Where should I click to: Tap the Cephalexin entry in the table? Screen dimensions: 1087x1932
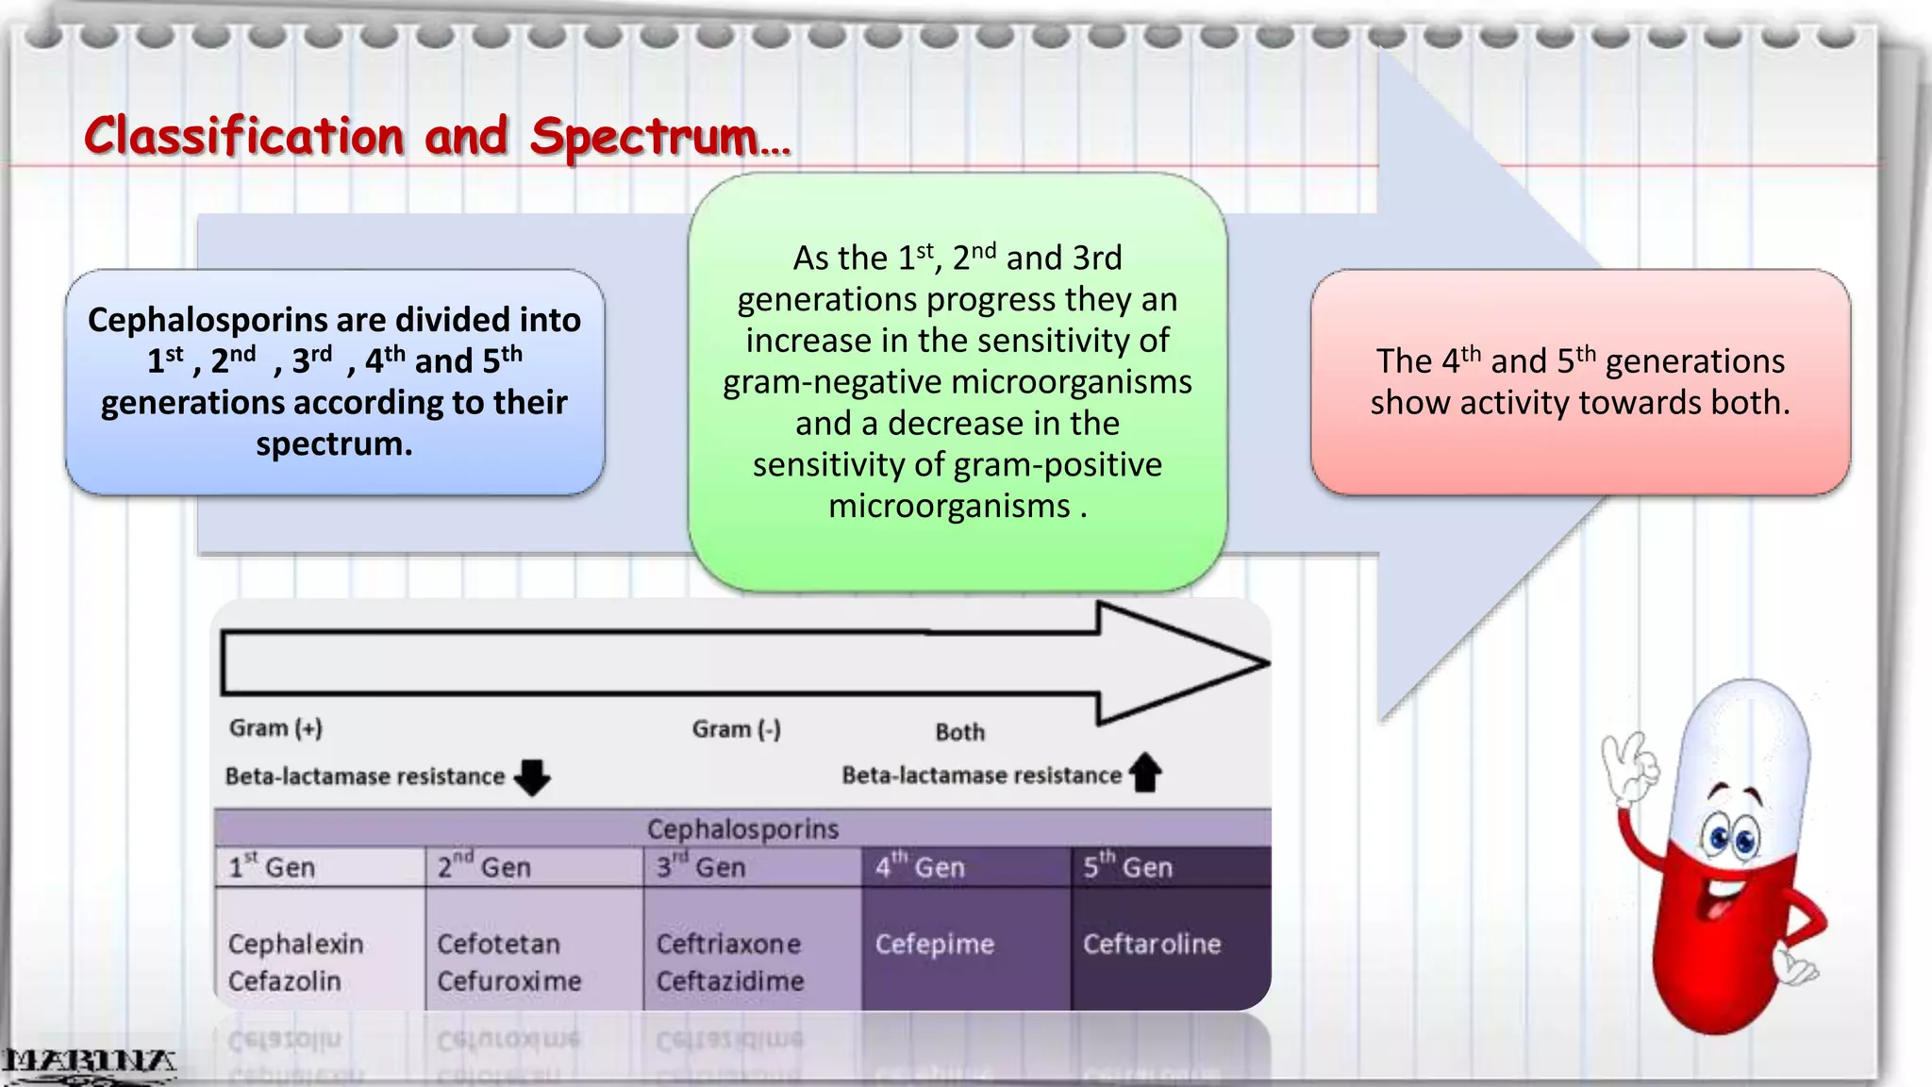coord(295,944)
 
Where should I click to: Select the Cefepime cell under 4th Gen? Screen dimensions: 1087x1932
coord(934,944)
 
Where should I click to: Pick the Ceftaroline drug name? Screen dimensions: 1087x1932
coord(1151,944)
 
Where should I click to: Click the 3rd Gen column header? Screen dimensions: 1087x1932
coord(701,866)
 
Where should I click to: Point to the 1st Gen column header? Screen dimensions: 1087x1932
coord(272,866)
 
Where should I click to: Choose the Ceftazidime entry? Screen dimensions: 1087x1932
coord(729,981)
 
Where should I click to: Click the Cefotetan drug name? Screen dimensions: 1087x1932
coord(498,944)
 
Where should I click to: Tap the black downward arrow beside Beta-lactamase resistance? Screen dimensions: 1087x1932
coord(533,777)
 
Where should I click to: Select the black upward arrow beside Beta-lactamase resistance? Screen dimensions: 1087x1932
coord(1146,772)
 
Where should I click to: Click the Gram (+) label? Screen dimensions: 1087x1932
coord(275,727)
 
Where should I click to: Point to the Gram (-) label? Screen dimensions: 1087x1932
coord(736,728)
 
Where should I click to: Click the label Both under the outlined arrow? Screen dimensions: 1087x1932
coord(959,732)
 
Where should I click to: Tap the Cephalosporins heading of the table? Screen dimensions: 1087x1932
coord(742,828)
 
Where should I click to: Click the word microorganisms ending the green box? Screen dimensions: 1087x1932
coord(949,506)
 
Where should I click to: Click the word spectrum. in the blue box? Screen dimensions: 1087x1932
coord(334,443)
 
